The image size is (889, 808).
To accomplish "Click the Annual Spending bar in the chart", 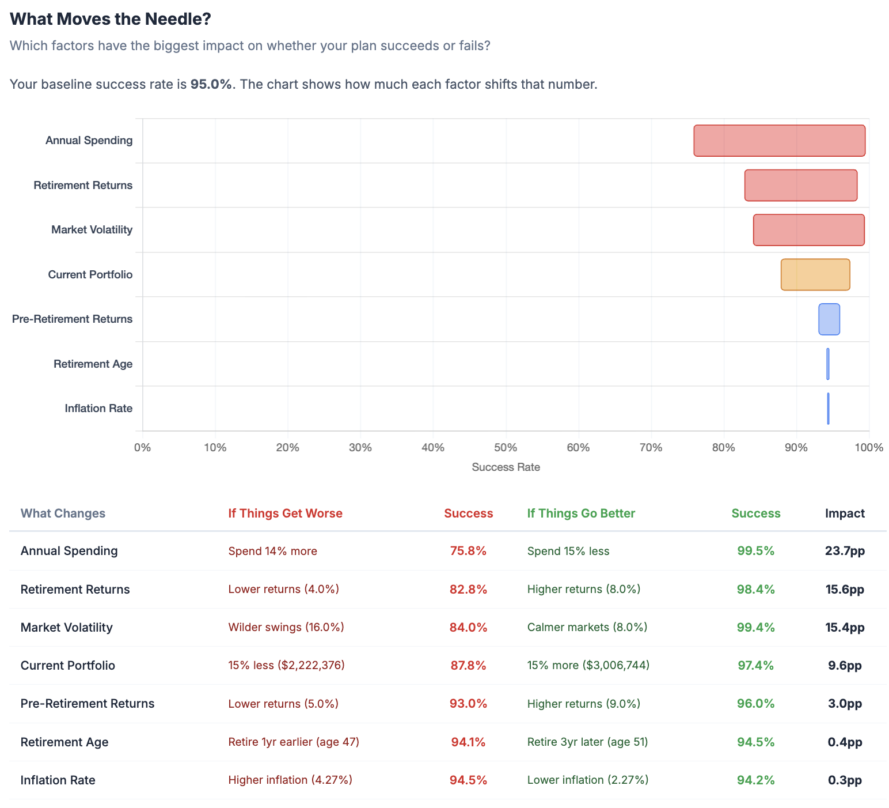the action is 779,141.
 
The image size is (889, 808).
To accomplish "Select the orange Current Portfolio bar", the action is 815,274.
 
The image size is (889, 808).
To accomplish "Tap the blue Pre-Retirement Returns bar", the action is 829,319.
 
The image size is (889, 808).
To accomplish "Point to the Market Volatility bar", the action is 809,230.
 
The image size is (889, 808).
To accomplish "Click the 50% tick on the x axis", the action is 506,448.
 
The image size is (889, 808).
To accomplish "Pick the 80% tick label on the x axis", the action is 724,448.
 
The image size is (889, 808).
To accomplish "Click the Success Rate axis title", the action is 506,467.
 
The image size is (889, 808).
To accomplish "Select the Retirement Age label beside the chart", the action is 93,364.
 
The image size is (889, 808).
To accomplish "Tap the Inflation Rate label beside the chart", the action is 98,409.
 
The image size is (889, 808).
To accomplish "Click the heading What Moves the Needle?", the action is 111,19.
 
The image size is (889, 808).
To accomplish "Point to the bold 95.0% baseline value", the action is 211,84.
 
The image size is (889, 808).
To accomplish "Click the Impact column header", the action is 845,514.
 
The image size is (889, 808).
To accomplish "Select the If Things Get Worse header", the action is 286,514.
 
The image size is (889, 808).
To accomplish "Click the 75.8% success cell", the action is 468,551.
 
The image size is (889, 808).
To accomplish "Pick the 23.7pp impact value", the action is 845,551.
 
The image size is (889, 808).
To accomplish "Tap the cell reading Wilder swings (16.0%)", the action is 286,627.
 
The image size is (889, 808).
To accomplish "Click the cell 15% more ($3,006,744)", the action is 588,665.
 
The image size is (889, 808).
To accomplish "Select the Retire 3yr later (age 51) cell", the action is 588,742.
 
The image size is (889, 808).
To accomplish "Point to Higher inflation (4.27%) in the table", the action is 290,780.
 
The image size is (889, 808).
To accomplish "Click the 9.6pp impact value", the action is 845,665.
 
